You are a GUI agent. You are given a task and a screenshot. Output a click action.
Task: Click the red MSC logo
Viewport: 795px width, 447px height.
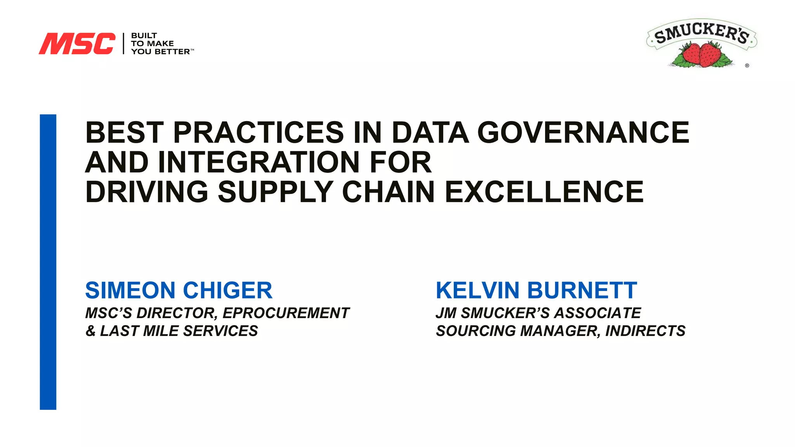click(77, 43)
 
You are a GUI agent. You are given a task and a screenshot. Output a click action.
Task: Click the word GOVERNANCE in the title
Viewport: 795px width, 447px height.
click(583, 133)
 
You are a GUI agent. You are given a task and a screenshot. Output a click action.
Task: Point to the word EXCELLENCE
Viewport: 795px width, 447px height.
click(544, 192)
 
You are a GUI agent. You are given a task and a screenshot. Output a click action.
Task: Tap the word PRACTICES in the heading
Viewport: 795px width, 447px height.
click(258, 133)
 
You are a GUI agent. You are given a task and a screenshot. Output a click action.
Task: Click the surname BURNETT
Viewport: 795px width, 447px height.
click(582, 290)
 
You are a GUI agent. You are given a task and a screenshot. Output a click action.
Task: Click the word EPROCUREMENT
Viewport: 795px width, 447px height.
click(286, 313)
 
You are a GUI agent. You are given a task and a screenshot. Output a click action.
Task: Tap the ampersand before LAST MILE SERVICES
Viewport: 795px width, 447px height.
click(90, 331)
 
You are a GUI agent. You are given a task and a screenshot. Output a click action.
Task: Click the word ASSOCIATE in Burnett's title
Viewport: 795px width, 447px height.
click(598, 313)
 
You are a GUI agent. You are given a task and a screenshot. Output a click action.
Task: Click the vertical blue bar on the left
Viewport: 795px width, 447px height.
click(48, 262)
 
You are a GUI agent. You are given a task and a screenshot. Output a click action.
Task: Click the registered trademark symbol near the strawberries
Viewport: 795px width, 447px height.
click(747, 66)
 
